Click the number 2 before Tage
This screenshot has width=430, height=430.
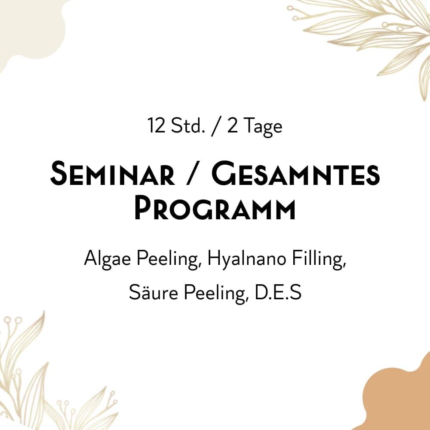(x=232, y=126)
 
